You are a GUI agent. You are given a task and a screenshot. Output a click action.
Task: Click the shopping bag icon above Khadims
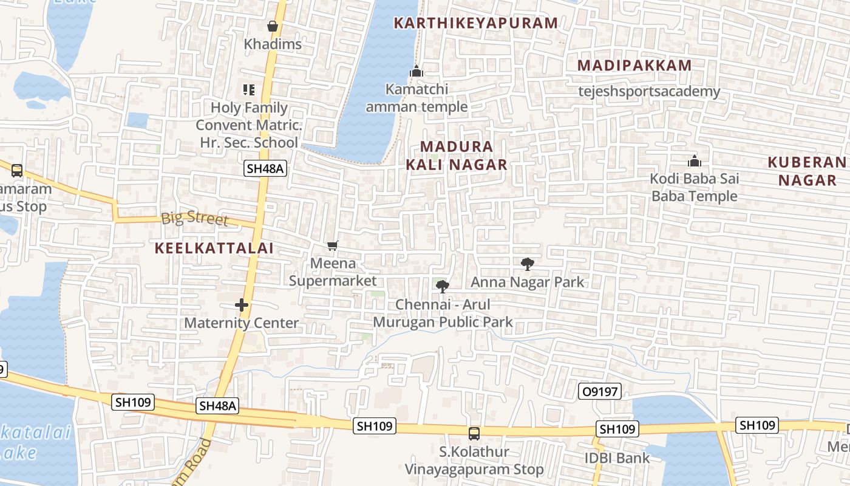pyautogui.click(x=273, y=26)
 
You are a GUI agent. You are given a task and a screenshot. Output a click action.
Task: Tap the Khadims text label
pyautogui.click(x=273, y=44)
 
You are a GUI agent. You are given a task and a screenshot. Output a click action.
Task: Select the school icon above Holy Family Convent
pyautogui.click(x=248, y=90)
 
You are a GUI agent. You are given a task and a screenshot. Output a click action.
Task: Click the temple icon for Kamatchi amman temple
pyautogui.click(x=416, y=71)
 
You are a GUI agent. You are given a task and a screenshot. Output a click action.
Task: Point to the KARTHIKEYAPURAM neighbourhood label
pyautogui.click(x=475, y=23)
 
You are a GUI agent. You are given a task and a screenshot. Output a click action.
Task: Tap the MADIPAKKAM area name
pyautogui.click(x=634, y=66)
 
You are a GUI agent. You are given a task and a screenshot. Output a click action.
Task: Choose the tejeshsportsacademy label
pyautogui.click(x=648, y=92)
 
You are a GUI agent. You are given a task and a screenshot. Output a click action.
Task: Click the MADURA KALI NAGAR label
pyautogui.click(x=457, y=156)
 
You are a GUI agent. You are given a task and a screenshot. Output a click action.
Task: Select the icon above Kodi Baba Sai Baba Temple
pyautogui.click(x=694, y=161)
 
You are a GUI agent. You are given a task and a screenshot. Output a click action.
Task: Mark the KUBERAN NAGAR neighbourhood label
pyautogui.click(x=807, y=171)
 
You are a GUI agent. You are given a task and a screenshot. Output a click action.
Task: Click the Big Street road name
pyautogui.click(x=194, y=219)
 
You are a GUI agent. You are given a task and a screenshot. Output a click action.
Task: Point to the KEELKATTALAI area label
pyautogui.click(x=214, y=248)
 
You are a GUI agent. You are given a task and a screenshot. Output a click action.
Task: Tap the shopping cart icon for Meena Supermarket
pyautogui.click(x=332, y=245)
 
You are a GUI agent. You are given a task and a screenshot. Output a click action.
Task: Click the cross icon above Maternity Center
pyautogui.click(x=242, y=305)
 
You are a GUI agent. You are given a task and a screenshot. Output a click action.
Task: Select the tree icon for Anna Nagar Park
pyautogui.click(x=527, y=264)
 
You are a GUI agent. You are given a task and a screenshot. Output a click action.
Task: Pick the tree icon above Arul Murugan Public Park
pyautogui.click(x=443, y=286)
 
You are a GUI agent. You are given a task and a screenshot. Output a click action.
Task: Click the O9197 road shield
pyautogui.click(x=599, y=392)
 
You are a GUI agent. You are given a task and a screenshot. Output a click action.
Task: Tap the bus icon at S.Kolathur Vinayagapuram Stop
pyautogui.click(x=474, y=434)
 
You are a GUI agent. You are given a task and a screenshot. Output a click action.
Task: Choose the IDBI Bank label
pyautogui.click(x=617, y=458)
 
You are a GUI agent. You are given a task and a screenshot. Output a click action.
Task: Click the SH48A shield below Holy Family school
pyautogui.click(x=265, y=169)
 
